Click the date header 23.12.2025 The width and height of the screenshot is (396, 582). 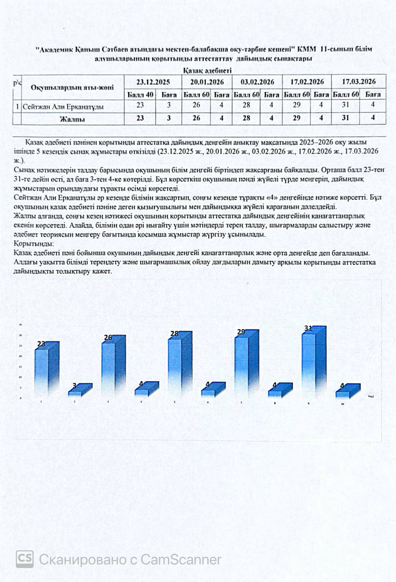pos(153,82)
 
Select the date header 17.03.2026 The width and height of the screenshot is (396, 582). pos(359,81)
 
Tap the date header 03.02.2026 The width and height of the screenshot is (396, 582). pos(257,82)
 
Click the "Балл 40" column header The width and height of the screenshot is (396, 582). pos(140,95)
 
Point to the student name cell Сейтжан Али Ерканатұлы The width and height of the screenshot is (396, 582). pos(63,107)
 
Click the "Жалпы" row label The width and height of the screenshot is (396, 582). pos(72,119)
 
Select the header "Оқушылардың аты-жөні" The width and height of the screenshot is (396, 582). pos(72,88)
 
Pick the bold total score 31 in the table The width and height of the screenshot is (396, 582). pos(345,118)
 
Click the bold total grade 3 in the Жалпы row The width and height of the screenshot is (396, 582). pos(169,118)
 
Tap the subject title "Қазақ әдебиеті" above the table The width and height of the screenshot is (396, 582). pos(207,71)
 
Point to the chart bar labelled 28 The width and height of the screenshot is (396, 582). pos(175,364)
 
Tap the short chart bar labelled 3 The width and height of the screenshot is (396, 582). pos(76,391)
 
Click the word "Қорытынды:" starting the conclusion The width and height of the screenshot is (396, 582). pos(34,243)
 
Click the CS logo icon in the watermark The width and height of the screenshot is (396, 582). pos(25,559)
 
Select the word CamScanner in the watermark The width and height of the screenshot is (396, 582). pos(181,559)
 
